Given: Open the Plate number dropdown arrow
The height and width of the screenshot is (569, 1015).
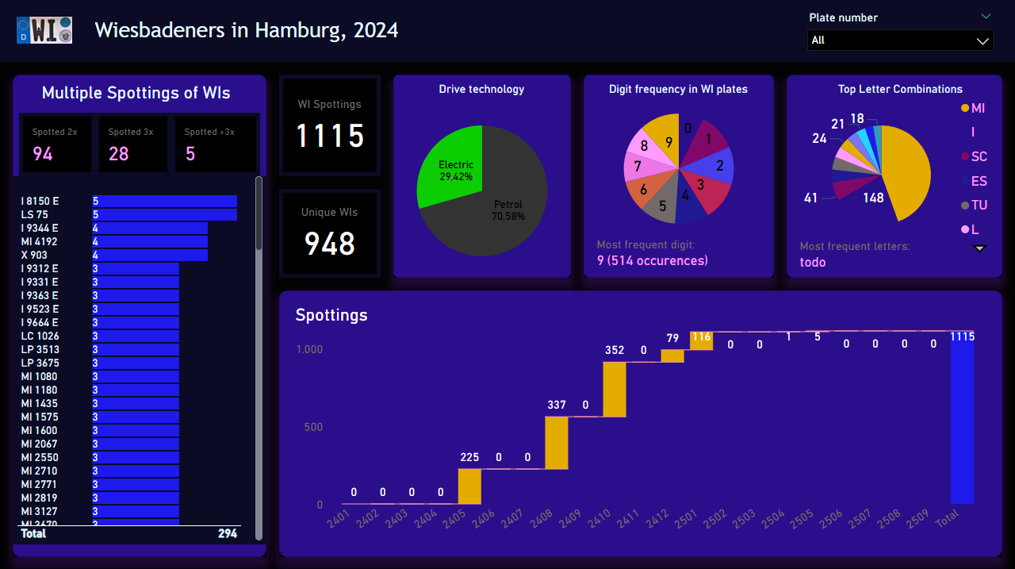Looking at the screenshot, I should pyautogui.click(x=983, y=40).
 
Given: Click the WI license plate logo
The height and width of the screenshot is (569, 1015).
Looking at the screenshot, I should pyautogui.click(x=44, y=30).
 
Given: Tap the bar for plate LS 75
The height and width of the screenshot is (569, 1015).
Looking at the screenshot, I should pyautogui.click(x=164, y=215).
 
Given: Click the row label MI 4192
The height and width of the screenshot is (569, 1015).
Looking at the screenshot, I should pyautogui.click(x=39, y=242).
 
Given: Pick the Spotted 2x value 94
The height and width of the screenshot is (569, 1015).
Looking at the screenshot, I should pyautogui.click(x=43, y=154).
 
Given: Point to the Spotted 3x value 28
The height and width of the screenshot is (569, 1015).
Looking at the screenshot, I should pyautogui.click(x=119, y=154).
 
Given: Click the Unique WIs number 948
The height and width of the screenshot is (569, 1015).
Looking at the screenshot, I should pyautogui.click(x=330, y=244).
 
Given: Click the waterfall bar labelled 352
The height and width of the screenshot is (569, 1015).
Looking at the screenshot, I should pyautogui.click(x=615, y=389).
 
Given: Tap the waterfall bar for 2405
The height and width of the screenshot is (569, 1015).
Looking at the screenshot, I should pyautogui.click(x=469, y=486).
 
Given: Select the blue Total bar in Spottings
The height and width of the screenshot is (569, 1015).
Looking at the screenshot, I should pyautogui.click(x=962, y=421).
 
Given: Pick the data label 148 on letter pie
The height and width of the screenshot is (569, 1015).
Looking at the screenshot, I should pyautogui.click(x=873, y=198).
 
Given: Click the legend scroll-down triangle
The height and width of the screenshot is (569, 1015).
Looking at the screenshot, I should pyautogui.click(x=979, y=248).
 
